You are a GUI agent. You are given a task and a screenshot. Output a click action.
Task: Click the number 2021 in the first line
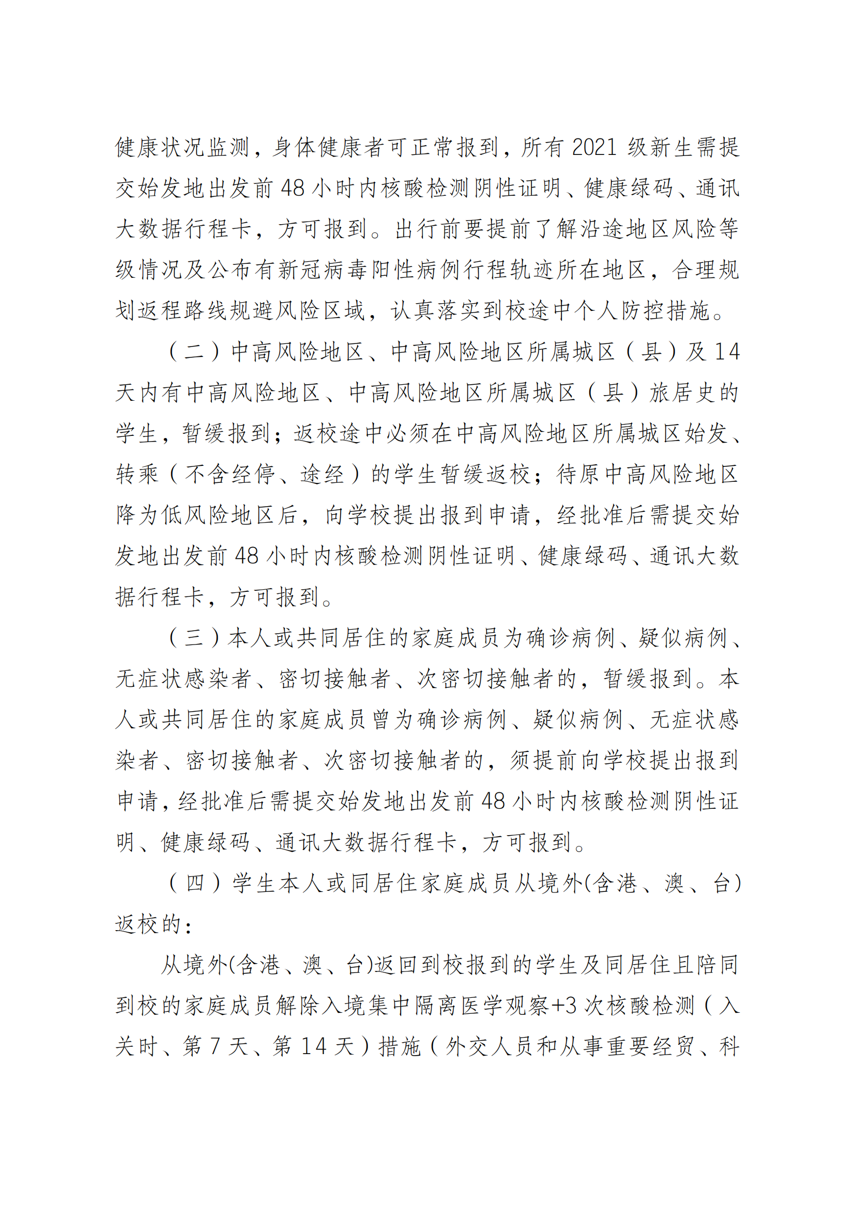click(x=594, y=147)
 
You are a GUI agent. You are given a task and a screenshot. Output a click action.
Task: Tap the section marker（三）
click(x=193, y=638)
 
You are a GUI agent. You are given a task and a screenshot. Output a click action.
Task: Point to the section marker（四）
click(x=193, y=883)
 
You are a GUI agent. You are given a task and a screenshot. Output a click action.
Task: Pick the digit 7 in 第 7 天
click(x=215, y=1046)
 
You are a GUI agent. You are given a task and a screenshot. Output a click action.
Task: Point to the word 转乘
click(x=138, y=475)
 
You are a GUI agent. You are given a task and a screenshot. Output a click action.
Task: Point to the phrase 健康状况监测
click(x=182, y=147)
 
